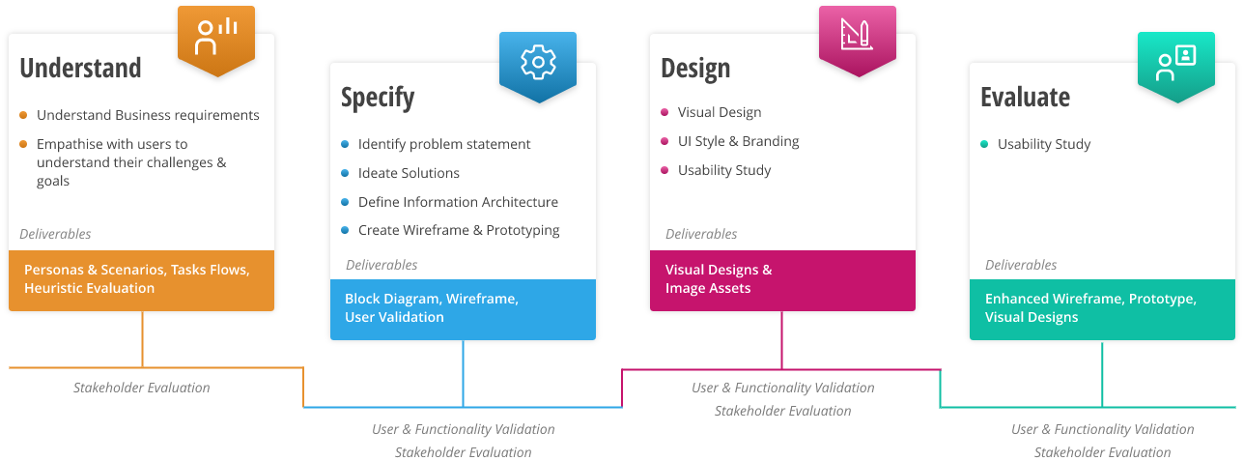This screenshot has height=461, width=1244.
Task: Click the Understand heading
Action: pyautogui.click(x=80, y=68)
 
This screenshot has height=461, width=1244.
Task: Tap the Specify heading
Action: pyautogui.click(x=378, y=98)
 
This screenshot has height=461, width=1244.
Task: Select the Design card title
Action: pyautogui.click(x=695, y=69)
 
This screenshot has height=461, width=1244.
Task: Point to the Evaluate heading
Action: pyautogui.click(x=1025, y=98)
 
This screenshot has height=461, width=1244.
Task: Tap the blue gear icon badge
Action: pyautogui.click(x=537, y=64)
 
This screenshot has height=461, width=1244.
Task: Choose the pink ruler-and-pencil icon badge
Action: pyautogui.click(x=857, y=36)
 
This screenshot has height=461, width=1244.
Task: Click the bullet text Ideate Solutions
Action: pyautogui.click(x=409, y=173)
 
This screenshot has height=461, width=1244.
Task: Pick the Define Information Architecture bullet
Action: pyautogui.click(x=458, y=202)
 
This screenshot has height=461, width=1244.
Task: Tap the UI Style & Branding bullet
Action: pyautogui.click(x=738, y=141)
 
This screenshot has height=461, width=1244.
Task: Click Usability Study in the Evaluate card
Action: pyautogui.click(x=1043, y=144)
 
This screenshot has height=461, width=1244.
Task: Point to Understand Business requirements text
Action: pyautogui.click(x=148, y=115)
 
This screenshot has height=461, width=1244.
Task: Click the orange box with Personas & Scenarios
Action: pyautogui.click(x=141, y=280)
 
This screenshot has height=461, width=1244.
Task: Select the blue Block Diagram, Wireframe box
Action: pyautogui.click(x=463, y=309)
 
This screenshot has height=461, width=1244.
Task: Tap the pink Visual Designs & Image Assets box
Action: pyautogui.click(x=782, y=280)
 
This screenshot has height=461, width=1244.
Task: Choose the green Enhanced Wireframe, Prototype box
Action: pyautogui.click(x=1102, y=309)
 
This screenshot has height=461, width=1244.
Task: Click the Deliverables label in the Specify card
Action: pyautogui.click(x=382, y=265)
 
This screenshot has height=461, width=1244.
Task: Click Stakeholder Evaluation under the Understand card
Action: pyautogui.click(x=141, y=388)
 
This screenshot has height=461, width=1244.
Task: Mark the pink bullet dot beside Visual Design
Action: pyautogui.click(x=664, y=113)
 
